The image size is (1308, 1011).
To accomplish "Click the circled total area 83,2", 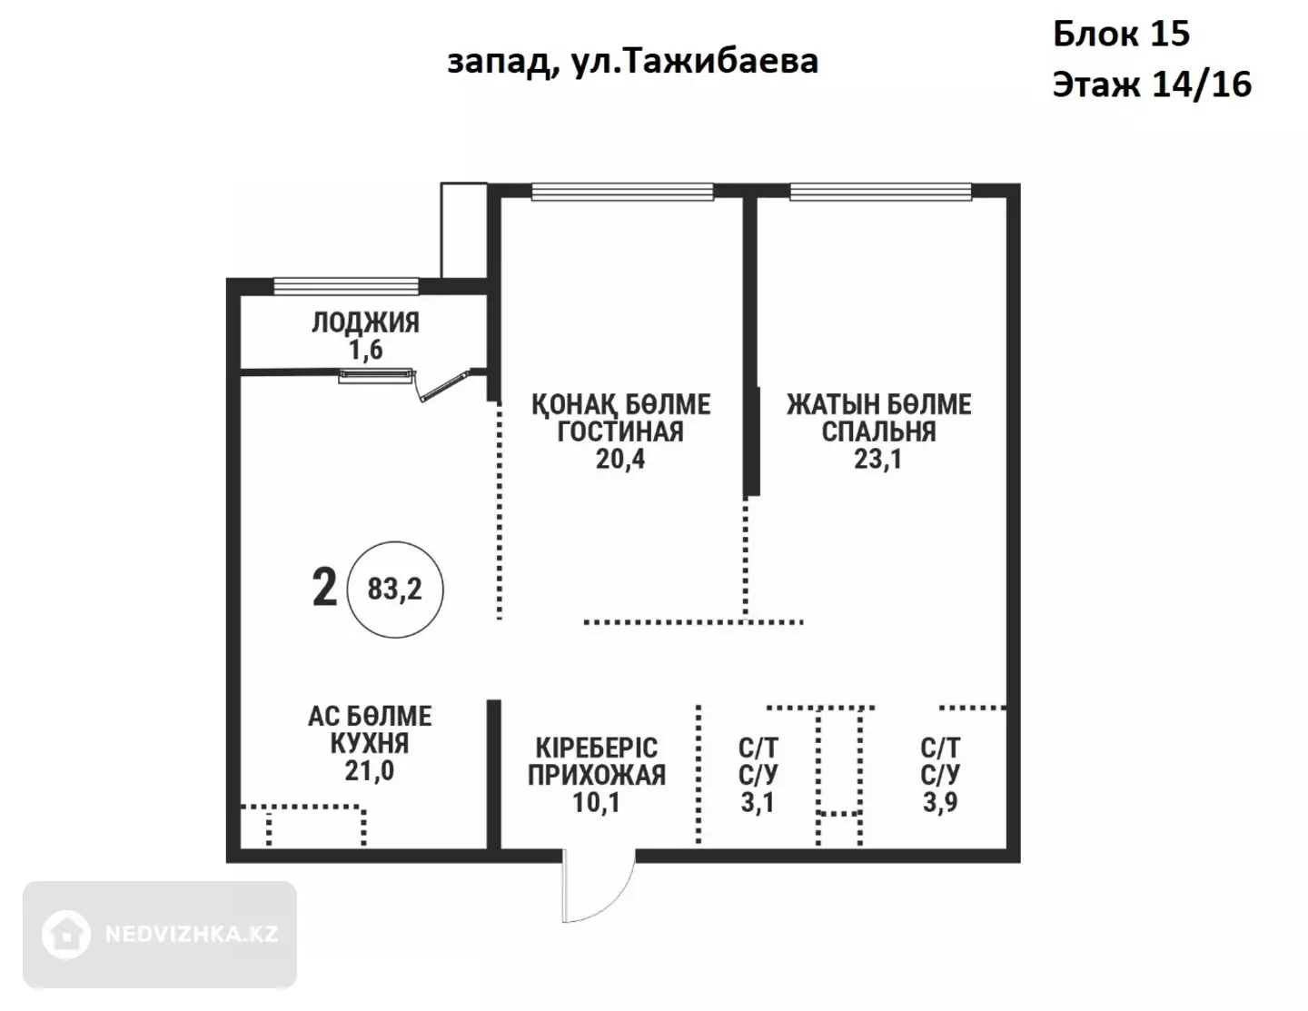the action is tap(394, 590).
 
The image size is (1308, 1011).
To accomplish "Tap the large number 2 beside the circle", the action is tap(324, 589).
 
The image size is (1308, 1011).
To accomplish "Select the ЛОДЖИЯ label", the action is tap(365, 322).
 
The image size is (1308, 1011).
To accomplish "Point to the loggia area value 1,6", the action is tap(365, 350).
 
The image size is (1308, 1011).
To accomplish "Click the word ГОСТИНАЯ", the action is tap(620, 431).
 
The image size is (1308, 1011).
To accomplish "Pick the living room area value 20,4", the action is tap(620, 459).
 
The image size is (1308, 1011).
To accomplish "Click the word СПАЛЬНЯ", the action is tap(878, 431).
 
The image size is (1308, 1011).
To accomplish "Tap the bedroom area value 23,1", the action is tap(877, 459).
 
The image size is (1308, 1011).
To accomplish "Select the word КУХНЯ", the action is tap(370, 743).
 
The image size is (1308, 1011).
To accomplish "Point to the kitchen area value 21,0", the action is tap(369, 771).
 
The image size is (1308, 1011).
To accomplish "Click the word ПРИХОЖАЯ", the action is tap(597, 775).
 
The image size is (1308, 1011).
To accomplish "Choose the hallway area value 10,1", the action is tap(596, 803).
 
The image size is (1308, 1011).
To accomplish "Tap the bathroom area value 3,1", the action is tap(758, 803).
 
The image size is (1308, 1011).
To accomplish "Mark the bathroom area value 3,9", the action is tap(939, 803).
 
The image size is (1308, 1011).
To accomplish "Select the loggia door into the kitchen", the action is tap(443, 386).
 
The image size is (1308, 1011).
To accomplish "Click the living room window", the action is tap(622, 192).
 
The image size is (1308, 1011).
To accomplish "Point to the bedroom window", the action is tap(880, 192).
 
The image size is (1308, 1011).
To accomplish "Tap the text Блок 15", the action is tap(1122, 33).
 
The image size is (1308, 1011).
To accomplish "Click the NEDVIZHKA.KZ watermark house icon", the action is tap(66, 935).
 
